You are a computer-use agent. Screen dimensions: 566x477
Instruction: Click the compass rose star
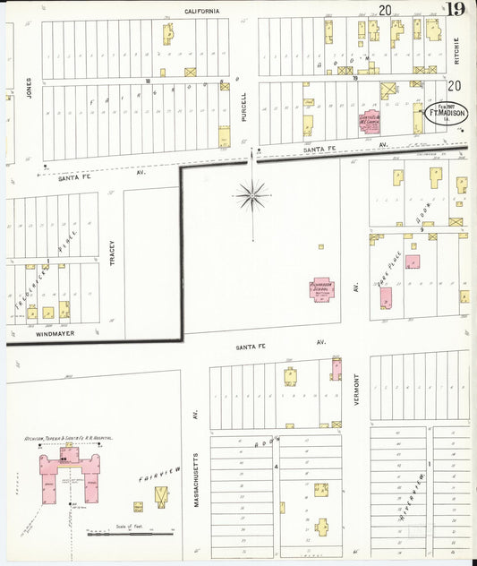252,193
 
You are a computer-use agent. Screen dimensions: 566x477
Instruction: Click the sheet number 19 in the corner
456,10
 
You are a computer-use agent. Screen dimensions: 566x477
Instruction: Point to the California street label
202,11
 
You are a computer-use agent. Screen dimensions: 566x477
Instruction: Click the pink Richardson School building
321,289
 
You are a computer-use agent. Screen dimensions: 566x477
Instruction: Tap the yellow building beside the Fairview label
161,493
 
